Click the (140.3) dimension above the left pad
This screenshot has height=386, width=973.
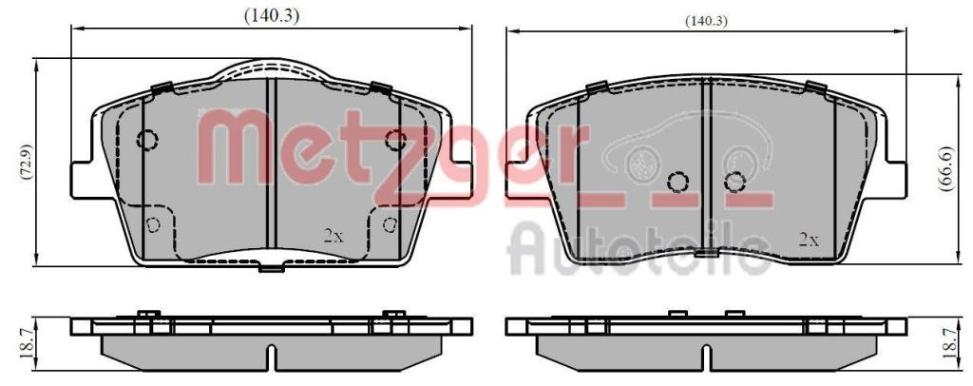(x=271, y=17)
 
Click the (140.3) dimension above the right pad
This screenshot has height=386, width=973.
(x=706, y=21)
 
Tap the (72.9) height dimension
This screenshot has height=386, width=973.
(x=27, y=162)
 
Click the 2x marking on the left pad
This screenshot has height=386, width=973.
(x=334, y=235)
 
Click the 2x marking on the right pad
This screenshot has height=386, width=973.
(x=809, y=241)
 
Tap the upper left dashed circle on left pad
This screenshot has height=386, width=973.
(x=147, y=140)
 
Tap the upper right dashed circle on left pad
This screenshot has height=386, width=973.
(x=395, y=141)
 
